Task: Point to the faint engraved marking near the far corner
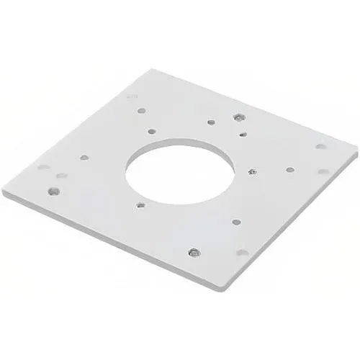130,94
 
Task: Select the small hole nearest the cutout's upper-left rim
152,131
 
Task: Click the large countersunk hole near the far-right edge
238,117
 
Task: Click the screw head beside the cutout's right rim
251,171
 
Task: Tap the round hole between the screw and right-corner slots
289,170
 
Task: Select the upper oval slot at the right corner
320,146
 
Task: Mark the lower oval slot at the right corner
324,171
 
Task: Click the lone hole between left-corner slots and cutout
84,156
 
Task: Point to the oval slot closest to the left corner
43,167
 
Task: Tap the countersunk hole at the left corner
53,191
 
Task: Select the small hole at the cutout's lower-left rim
140,204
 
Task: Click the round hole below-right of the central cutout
235,222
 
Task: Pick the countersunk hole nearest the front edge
194,252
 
